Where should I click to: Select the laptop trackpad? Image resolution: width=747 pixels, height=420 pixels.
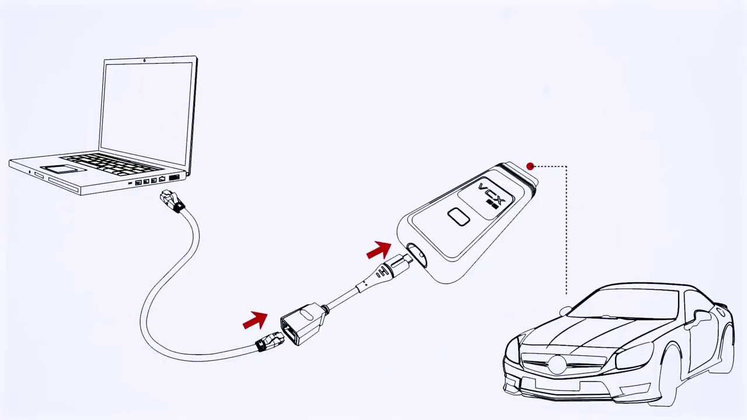coord(61,169)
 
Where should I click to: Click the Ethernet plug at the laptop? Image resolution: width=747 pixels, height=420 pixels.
coord(173,201)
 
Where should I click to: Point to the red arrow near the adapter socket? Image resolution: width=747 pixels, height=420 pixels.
coord(255,320)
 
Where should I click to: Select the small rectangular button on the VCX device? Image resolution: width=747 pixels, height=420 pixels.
coord(459,217)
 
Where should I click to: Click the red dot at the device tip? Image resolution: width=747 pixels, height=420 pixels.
coord(530,167)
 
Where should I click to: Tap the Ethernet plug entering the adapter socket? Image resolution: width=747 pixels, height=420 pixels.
coord(270,341)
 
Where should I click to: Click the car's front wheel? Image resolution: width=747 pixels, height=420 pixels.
coord(671,373)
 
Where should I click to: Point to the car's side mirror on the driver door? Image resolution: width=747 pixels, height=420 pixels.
coord(700,318)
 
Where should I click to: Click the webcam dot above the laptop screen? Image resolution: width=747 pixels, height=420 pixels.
coord(145,60)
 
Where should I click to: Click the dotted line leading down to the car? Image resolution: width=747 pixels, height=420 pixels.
coord(566,233)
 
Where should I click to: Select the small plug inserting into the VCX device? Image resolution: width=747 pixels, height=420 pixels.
coord(397,265)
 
